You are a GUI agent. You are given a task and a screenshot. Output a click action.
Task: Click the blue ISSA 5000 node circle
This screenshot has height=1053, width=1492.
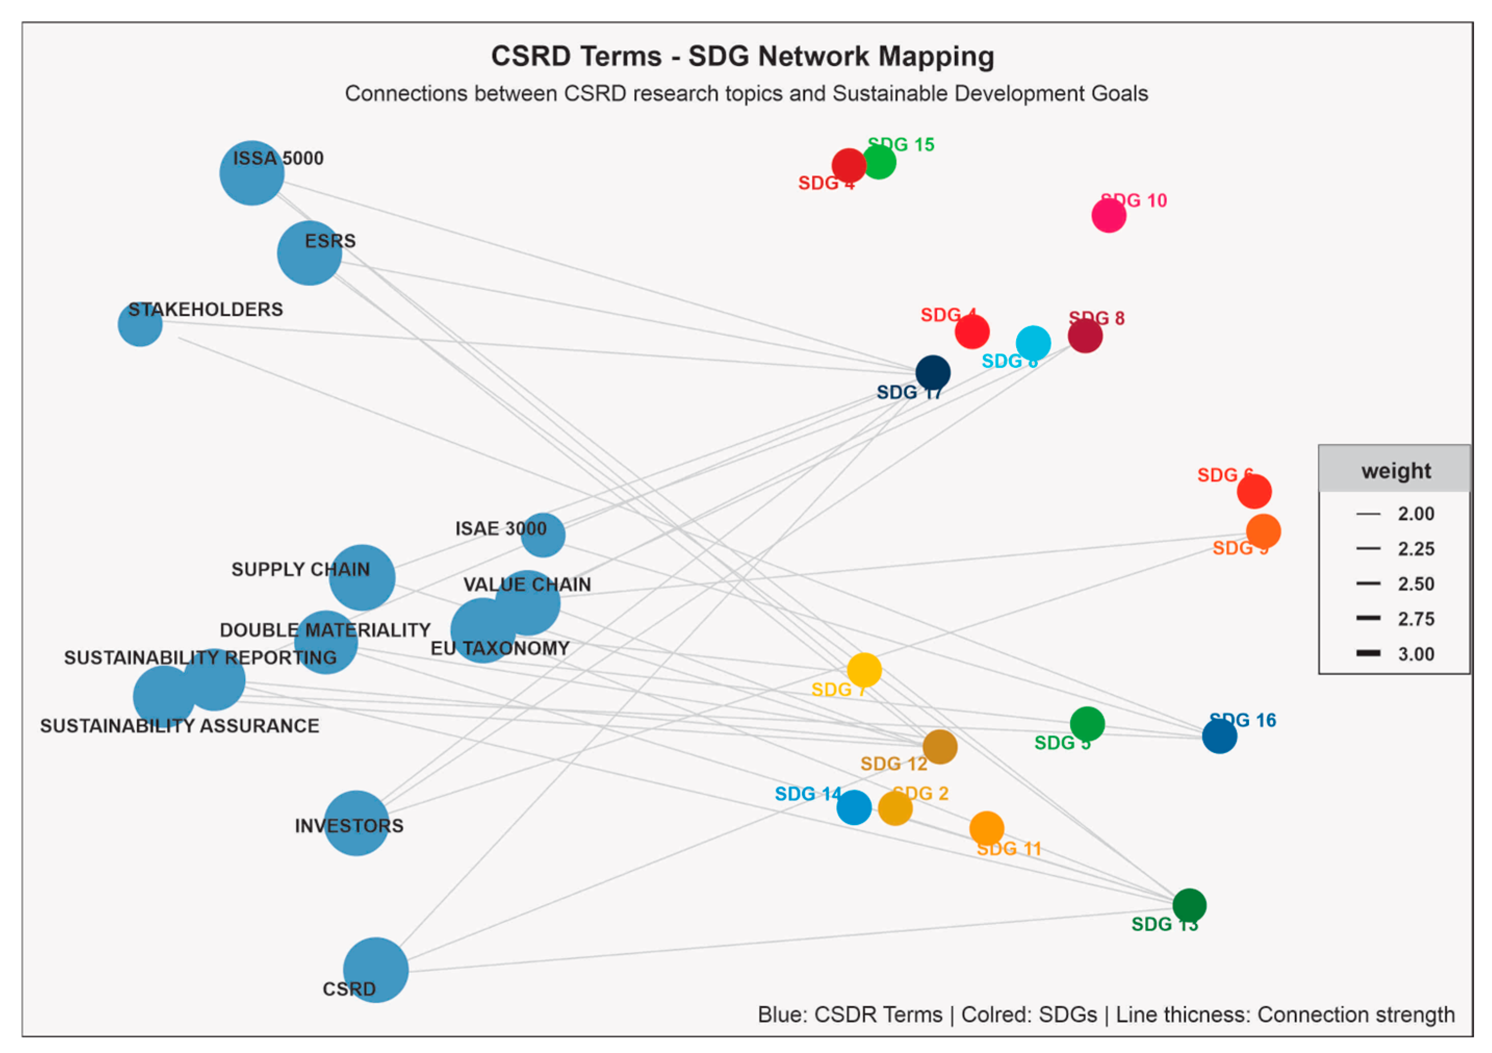pyautogui.click(x=252, y=173)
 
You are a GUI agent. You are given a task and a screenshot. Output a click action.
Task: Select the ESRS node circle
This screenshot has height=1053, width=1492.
pyautogui.click(x=309, y=253)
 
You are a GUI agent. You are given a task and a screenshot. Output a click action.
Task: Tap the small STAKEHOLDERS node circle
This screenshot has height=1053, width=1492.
pyautogui.click(x=140, y=324)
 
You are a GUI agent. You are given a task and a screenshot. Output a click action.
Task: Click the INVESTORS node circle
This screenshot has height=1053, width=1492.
pyautogui.click(x=356, y=823)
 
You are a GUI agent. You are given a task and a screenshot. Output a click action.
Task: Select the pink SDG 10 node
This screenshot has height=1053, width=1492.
pyautogui.click(x=1109, y=215)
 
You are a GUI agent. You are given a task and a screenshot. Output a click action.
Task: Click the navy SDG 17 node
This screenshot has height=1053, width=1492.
pyautogui.click(x=932, y=373)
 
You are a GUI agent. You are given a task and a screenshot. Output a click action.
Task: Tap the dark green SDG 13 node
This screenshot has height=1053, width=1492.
pyautogui.click(x=1189, y=905)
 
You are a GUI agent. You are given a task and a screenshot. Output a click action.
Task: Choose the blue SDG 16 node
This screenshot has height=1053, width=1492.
pyautogui.click(x=1219, y=737)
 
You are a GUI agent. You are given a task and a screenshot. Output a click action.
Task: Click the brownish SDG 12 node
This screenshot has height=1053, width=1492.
pyautogui.click(x=940, y=747)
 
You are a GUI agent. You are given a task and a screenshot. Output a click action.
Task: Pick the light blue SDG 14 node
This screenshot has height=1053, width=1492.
pyautogui.click(x=854, y=807)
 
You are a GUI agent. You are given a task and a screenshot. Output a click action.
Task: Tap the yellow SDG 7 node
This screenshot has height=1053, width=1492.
pyautogui.click(x=864, y=670)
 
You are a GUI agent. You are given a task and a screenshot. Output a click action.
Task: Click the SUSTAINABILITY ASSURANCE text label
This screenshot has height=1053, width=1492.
pyautogui.click(x=179, y=726)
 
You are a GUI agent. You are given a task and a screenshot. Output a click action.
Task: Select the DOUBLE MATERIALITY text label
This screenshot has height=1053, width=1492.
pyautogui.click(x=325, y=630)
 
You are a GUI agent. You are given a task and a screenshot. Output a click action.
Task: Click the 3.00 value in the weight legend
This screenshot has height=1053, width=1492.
pyautogui.click(x=1416, y=654)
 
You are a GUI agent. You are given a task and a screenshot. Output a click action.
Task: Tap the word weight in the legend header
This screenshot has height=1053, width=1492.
pyautogui.click(x=1396, y=471)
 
